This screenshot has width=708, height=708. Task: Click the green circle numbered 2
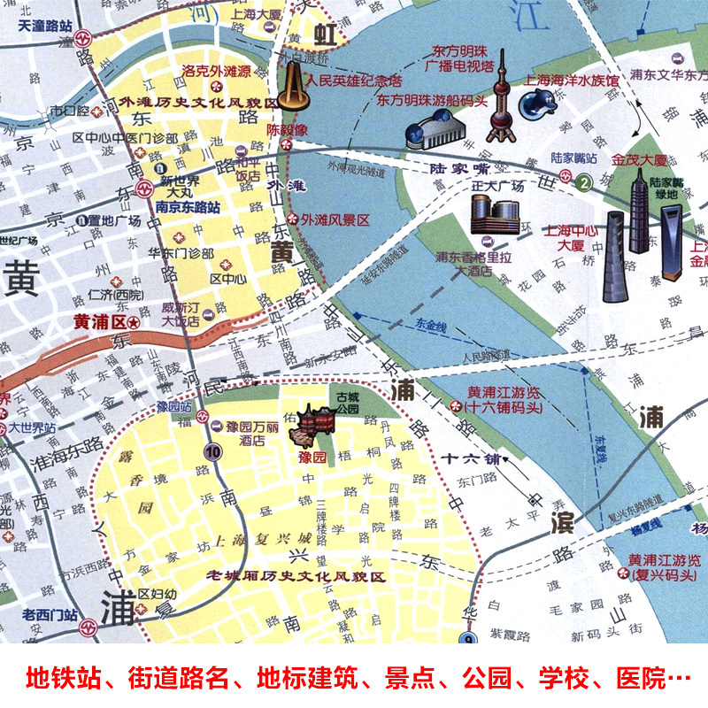point(584,183)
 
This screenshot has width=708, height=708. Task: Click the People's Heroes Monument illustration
point(289,87)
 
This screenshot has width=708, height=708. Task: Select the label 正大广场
point(499,187)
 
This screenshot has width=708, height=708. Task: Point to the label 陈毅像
point(287,128)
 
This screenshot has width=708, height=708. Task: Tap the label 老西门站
point(50,616)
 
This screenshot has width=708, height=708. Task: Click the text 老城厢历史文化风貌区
point(296,577)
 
